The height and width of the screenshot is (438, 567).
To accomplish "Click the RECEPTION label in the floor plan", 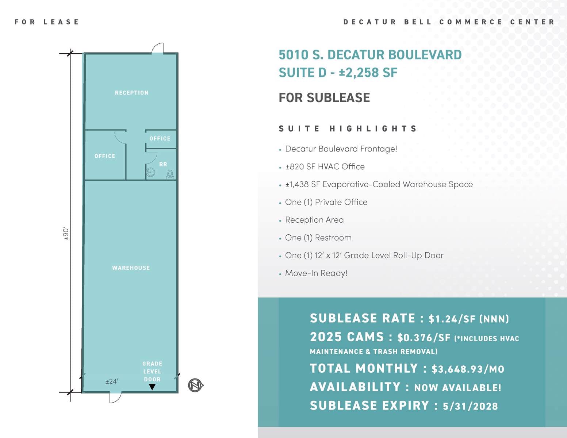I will pyautogui.click(x=131, y=93).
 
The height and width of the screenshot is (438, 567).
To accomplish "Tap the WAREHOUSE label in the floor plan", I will pyautogui.click(x=131, y=268).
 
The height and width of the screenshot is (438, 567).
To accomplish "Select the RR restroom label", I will pyautogui.click(x=163, y=165).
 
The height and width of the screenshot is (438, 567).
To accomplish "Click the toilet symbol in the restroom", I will pyautogui.click(x=170, y=174).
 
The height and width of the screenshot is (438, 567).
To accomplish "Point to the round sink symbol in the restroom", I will pyautogui.click(x=150, y=172).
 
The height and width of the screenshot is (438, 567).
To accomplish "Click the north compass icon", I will pyautogui.click(x=195, y=385).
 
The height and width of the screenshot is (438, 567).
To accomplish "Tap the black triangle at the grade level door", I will pyautogui.click(x=152, y=387).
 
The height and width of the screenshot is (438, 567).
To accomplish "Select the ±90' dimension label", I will pyautogui.click(x=66, y=234).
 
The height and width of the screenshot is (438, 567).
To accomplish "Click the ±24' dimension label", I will pyautogui.click(x=112, y=381).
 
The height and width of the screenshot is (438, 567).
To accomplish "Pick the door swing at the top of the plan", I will pyautogui.click(x=158, y=48).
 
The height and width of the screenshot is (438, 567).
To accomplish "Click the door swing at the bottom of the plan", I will pyautogui.click(x=115, y=397).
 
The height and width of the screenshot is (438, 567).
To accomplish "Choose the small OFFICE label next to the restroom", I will pyautogui.click(x=160, y=139).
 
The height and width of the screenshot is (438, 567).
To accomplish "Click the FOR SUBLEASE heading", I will pyautogui.click(x=324, y=98).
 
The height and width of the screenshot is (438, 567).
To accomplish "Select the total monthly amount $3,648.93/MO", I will pyautogui.click(x=468, y=369).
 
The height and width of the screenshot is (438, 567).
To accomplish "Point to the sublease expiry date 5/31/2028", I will pyautogui.click(x=470, y=406).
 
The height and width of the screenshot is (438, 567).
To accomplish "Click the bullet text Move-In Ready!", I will pyautogui.click(x=316, y=273).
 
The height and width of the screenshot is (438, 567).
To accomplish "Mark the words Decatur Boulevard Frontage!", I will pyautogui.click(x=341, y=149).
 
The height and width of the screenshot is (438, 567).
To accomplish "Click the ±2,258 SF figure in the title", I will pyautogui.click(x=368, y=73).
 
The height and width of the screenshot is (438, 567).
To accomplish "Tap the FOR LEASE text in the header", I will pyautogui.click(x=47, y=22).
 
